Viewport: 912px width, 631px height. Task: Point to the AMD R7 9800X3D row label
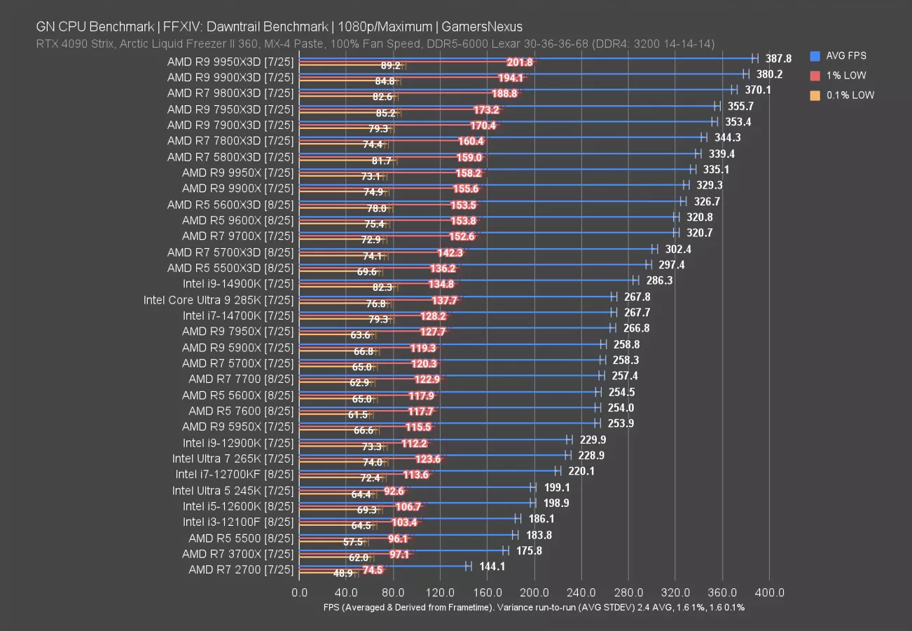point(230,93)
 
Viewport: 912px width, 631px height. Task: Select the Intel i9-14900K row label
point(237,284)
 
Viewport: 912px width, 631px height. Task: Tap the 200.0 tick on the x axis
point(534,592)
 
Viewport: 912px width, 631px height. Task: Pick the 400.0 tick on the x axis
point(769,592)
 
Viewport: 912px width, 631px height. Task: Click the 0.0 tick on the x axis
point(299,592)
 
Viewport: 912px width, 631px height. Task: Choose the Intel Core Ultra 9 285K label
point(218,300)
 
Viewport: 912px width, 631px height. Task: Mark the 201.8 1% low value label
point(519,62)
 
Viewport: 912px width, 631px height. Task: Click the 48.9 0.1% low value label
point(343,573)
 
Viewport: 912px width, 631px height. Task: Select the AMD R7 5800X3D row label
point(230,156)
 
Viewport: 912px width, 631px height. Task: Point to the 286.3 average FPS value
point(659,280)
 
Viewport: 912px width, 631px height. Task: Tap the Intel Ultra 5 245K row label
point(233,490)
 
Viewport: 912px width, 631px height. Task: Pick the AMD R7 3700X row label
point(237,554)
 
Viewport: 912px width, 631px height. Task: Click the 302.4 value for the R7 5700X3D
point(678,249)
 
